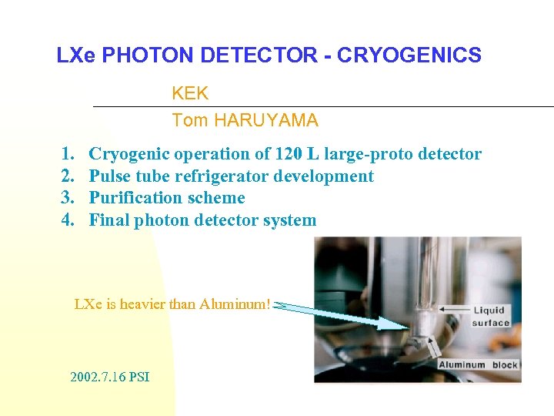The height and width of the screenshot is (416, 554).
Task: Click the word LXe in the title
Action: click(76, 55)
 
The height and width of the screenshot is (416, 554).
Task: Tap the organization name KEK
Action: click(190, 94)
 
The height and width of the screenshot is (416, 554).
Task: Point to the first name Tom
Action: click(189, 120)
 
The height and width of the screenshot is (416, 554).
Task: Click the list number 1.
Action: click(67, 154)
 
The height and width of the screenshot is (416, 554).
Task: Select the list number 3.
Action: click(67, 198)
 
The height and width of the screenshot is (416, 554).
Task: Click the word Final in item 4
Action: click(109, 220)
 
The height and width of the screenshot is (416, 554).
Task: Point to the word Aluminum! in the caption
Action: click(235, 304)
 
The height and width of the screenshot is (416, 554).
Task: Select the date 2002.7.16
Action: click(98, 377)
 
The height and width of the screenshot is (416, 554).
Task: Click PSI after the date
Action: click(139, 377)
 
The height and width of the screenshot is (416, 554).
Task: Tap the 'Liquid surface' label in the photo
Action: click(491, 317)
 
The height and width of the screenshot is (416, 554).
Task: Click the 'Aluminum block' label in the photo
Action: click(478, 364)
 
